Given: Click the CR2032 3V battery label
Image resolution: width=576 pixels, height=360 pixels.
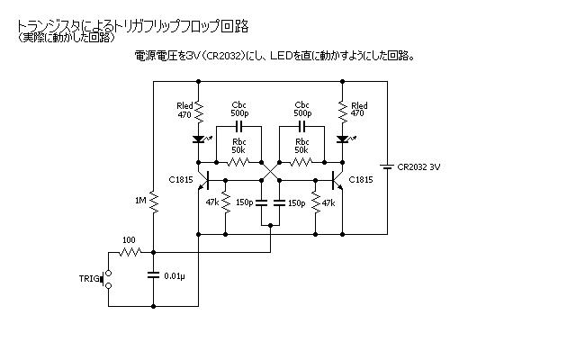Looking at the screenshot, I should coord(418,166).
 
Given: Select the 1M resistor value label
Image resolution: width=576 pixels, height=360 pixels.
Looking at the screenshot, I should coord(139,200).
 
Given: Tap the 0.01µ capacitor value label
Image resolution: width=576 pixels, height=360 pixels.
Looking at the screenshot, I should coord(175,275).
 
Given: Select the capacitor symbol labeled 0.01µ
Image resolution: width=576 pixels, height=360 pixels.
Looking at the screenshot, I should coord(154,274).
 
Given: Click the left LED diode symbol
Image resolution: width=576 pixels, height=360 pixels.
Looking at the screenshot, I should coord(199,139).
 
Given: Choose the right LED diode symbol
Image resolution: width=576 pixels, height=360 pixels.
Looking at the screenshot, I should coord(343,139).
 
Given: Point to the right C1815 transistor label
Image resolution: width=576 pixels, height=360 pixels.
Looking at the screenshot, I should coord(361,179).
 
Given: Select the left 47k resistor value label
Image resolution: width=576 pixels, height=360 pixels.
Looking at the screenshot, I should coord(213,202).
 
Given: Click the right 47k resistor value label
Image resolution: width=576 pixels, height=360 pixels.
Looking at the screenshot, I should coord(328,202).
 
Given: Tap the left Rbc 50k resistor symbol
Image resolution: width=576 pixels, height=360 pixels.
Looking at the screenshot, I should coord(238,162).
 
